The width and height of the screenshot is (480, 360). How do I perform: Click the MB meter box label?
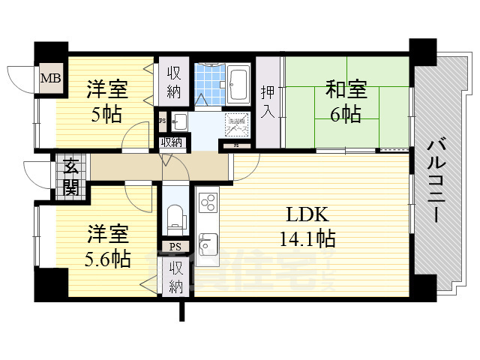tap(50, 77)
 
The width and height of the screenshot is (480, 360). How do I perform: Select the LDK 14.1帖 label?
tap(305, 227)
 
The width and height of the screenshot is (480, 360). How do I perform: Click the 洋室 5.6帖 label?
tap(106, 247)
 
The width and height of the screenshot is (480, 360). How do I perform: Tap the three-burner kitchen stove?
tap(208, 202)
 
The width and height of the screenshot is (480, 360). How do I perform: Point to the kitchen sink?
tap(207, 242)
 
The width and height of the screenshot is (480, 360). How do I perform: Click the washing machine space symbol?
tap(237, 122)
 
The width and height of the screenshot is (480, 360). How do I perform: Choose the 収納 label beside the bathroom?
tap(174, 82)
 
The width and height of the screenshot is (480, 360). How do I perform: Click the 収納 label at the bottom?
tap(175, 277)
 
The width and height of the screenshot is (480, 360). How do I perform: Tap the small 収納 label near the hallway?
tap(171, 142)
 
